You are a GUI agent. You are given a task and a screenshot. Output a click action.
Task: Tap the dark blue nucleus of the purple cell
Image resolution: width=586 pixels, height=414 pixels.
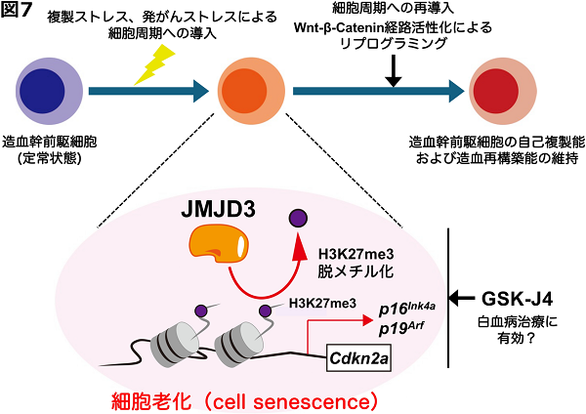(x=42, y=91)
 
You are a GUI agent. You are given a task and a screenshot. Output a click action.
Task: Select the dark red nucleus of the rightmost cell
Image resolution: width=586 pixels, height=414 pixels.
(x=496, y=91)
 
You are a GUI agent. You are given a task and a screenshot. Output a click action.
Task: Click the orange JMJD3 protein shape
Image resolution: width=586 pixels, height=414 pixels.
(x=218, y=244)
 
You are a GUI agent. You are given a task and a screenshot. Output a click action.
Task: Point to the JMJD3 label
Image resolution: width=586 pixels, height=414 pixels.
(x=218, y=210)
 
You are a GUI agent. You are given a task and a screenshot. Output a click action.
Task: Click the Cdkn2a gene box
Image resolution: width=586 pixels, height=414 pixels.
(x=358, y=358)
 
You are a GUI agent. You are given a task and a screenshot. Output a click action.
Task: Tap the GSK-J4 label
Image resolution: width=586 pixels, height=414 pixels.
(x=517, y=299)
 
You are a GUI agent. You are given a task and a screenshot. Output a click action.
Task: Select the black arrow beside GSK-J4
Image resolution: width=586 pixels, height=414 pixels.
(x=461, y=298)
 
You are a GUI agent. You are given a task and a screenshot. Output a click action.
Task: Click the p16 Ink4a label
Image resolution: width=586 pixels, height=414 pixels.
(x=407, y=309)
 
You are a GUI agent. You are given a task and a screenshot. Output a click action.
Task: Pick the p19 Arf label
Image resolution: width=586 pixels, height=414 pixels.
(x=401, y=329)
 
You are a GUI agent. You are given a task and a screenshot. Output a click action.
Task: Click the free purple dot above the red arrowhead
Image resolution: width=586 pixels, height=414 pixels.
(x=298, y=218)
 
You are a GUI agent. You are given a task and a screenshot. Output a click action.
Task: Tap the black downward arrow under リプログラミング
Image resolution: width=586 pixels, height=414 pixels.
(x=394, y=70)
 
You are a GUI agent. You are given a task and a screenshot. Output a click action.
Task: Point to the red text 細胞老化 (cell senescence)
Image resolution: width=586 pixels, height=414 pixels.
(x=245, y=402)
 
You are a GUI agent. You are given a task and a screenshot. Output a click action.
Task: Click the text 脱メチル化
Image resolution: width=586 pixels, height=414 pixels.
(x=356, y=271)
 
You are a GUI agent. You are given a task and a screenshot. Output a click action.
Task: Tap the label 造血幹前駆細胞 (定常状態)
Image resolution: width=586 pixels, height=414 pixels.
(x=50, y=150)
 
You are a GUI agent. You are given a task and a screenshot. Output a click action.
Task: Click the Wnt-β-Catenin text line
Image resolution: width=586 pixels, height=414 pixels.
(x=393, y=27)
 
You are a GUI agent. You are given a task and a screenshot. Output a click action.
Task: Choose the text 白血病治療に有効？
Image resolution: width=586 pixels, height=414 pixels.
(x=518, y=330)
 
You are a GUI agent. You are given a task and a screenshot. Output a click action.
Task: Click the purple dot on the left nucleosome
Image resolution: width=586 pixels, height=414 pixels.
(x=200, y=310)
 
